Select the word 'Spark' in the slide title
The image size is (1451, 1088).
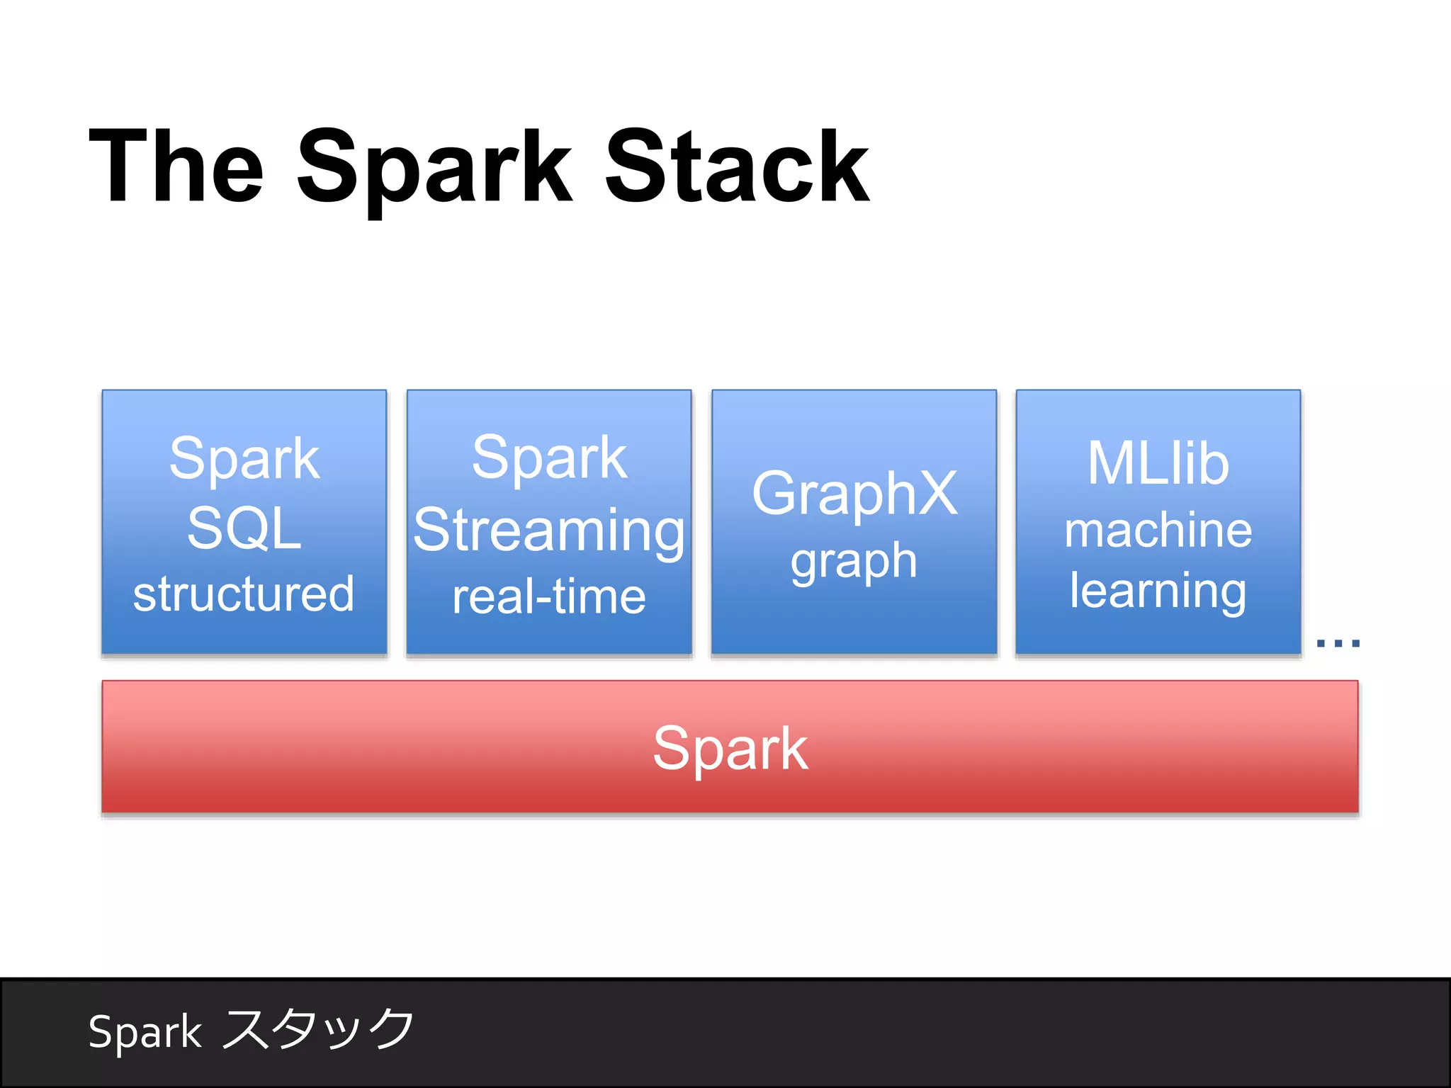pyautogui.click(x=434, y=170)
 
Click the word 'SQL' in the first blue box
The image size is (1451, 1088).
pyautogui.click(x=244, y=528)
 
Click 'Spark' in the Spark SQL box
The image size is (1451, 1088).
pyautogui.click(x=244, y=459)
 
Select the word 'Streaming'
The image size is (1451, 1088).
pyautogui.click(x=549, y=531)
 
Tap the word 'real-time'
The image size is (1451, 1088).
pyautogui.click(x=549, y=596)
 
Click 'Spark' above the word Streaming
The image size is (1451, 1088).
pyautogui.click(x=549, y=458)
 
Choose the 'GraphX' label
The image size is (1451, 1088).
pyautogui.click(x=854, y=494)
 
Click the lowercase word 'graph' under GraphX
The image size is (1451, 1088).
pyautogui.click(x=854, y=562)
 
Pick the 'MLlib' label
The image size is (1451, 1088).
pyautogui.click(x=1158, y=463)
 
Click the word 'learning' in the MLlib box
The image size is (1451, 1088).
pyautogui.click(x=1158, y=591)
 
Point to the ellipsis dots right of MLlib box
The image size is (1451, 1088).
pyautogui.click(x=1338, y=643)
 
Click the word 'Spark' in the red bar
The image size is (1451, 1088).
pyautogui.click(x=730, y=749)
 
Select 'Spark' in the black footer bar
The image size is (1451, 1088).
pyautogui.click(x=145, y=1032)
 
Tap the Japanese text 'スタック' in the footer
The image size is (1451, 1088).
pyautogui.click(x=318, y=1028)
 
